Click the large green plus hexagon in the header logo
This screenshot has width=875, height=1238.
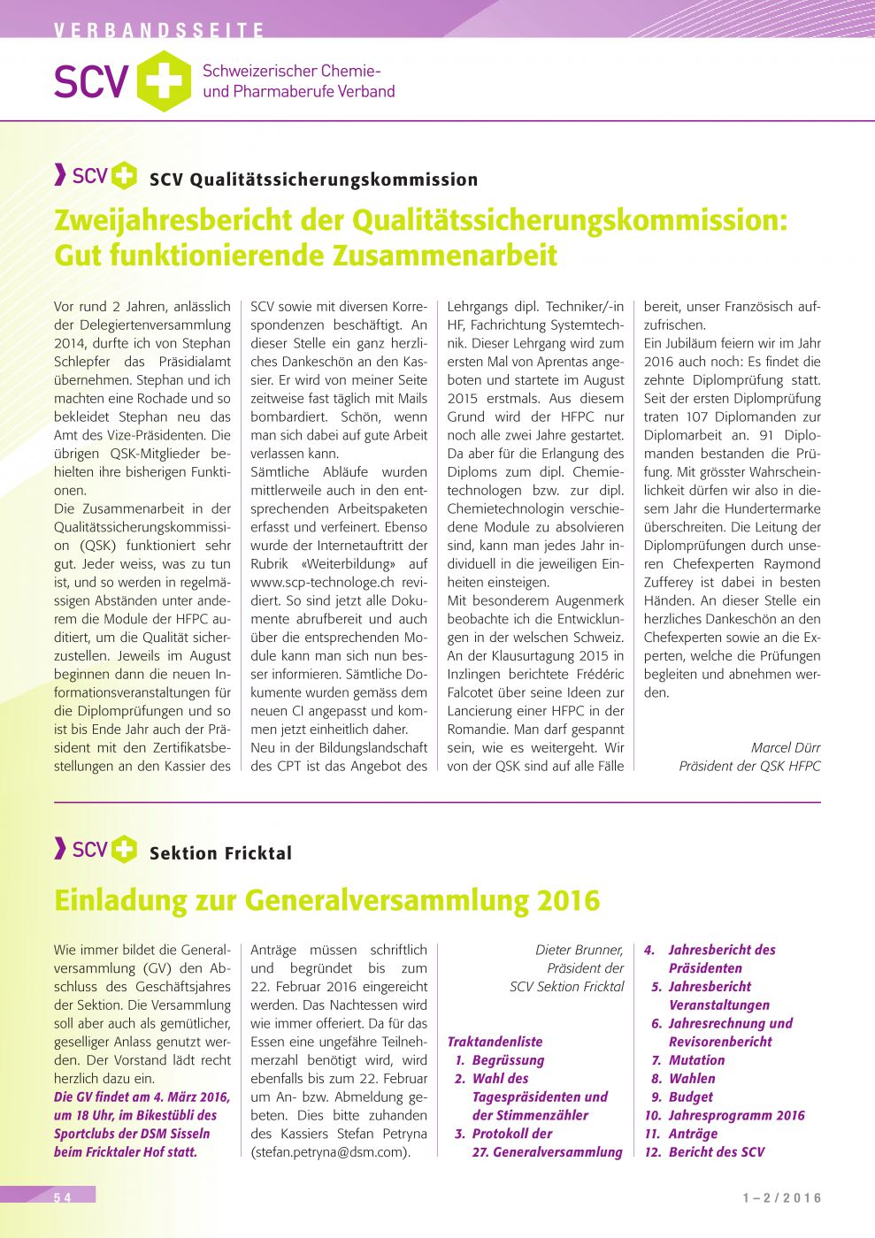pyautogui.click(x=164, y=81)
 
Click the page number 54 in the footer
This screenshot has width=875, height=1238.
pyautogui.click(x=62, y=1197)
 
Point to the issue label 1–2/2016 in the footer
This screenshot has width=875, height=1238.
pyautogui.click(x=782, y=1198)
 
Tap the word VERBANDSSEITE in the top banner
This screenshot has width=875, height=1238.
pyautogui.click(x=159, y=30)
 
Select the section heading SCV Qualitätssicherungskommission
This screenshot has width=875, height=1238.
pyautogui.click(x=313, y=180)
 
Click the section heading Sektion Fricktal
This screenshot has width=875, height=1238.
pyautogui.click(x=220, y=853)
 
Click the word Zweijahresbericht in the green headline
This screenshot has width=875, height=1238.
pyautogui.click(x=200, y=219)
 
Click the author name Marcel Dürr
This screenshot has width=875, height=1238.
pyautogui.click(x=786, y=747)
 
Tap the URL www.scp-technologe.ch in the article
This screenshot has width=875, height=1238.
pyautogui.click(x=322, y=582)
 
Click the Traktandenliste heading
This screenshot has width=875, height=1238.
pyautogui.click(x=495, y=1042)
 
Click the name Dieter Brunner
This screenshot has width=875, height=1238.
pyautogui.click(x=579, y=950)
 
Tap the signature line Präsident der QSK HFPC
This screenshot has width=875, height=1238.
pyautogui.click(x=749, y=766)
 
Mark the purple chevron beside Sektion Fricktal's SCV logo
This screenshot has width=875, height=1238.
pyautogui.click(x=60, y=849)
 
